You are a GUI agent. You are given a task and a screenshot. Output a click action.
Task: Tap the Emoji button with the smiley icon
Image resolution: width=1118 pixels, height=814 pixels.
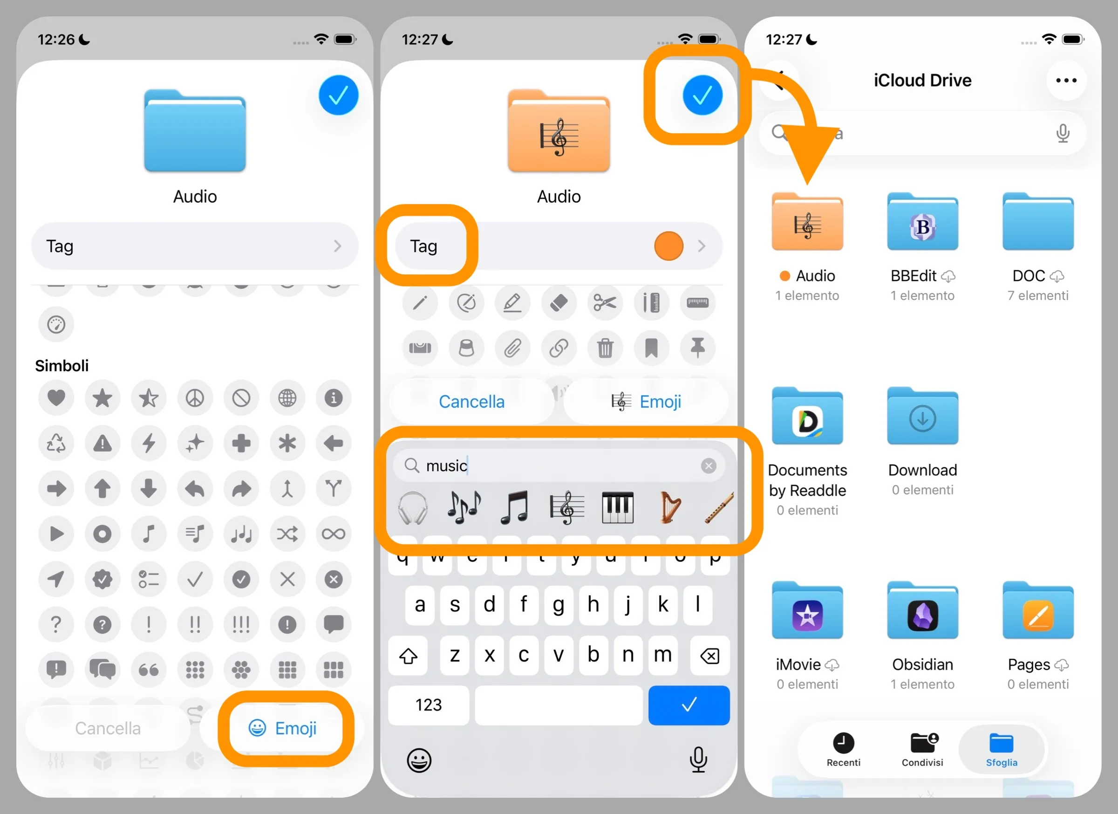283,728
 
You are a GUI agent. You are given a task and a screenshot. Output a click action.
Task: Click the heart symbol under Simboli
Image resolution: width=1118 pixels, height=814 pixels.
56,397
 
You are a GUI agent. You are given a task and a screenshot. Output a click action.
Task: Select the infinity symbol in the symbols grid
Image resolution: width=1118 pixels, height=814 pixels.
333,534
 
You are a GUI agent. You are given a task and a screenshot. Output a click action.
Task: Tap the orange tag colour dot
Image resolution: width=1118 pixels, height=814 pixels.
668,246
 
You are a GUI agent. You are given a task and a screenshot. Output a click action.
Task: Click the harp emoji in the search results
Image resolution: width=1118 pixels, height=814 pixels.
669,507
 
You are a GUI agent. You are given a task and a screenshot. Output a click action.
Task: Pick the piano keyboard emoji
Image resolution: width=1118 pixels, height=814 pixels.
617,507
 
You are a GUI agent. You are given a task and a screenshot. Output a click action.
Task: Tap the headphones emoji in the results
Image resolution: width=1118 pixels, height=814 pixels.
413,508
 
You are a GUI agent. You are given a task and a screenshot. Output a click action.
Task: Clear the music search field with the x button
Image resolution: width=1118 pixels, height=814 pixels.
709,465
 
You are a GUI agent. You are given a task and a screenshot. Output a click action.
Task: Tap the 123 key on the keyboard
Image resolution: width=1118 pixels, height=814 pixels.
429,705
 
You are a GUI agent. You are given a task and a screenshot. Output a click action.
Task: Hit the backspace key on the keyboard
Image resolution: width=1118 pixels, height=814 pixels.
709,656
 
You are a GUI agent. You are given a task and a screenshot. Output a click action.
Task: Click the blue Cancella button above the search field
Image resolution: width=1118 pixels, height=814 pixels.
471,401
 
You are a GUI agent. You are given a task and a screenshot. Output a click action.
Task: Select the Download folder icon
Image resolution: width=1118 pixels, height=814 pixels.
922,418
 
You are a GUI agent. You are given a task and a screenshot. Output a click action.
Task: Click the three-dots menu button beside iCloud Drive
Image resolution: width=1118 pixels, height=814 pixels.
1066,80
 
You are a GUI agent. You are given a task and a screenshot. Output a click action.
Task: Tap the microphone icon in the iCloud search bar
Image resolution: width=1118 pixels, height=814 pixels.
1063,133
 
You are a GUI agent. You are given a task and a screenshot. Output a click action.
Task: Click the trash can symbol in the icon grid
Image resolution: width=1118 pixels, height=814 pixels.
605,348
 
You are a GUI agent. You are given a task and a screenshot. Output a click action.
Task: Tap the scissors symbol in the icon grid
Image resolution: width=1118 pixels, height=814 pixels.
605,302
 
